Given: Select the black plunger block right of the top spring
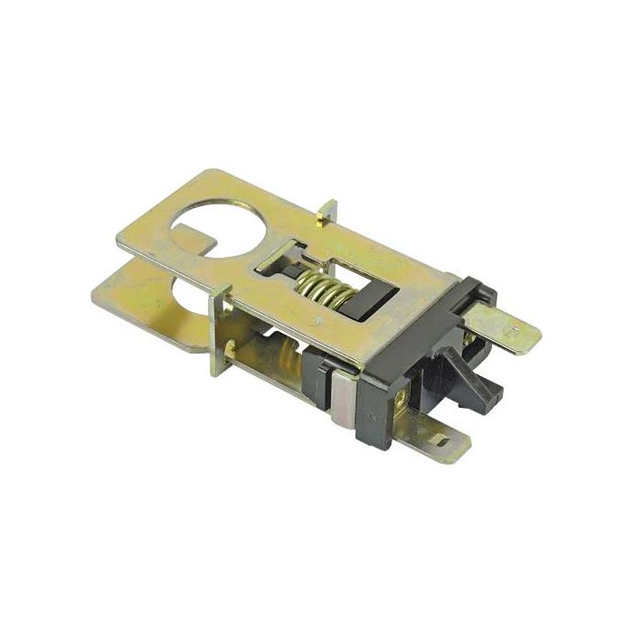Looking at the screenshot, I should [x=365, y=303].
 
